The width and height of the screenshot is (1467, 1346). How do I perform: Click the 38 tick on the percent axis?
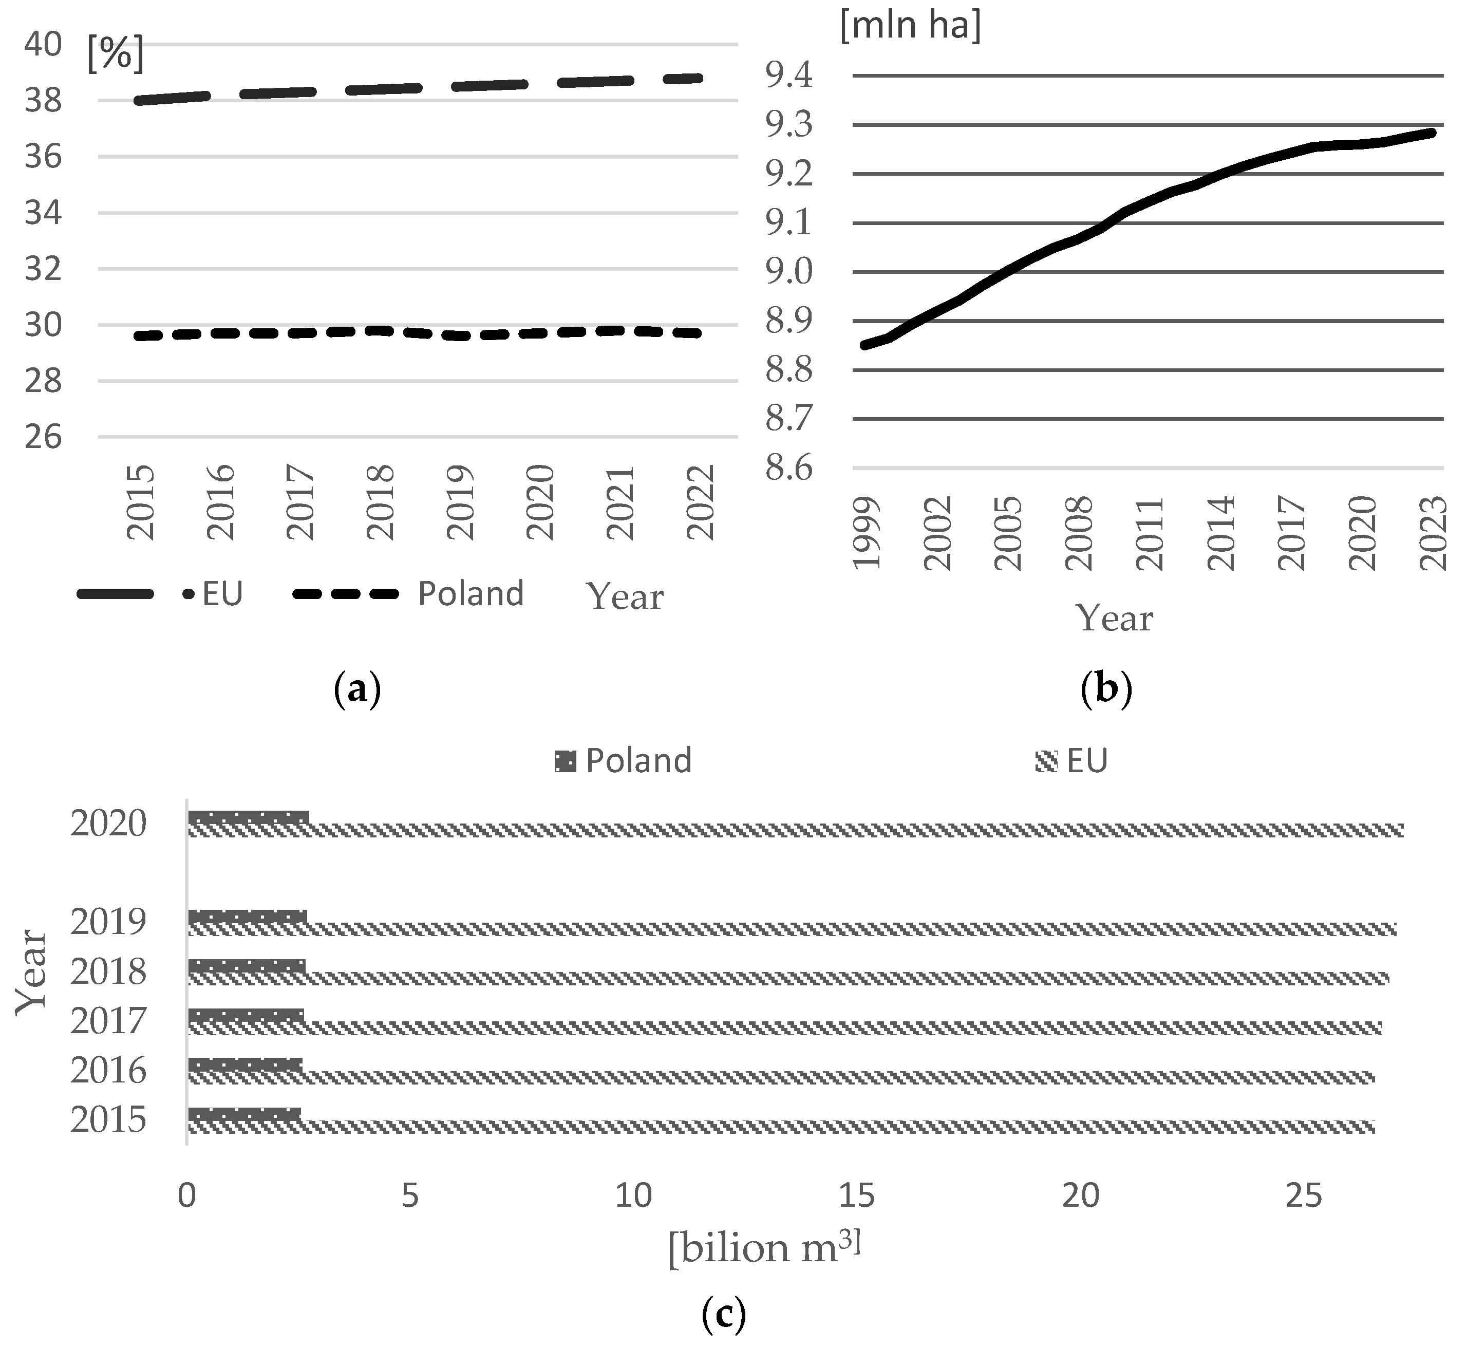43,101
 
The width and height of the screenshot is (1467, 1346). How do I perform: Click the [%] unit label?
115,54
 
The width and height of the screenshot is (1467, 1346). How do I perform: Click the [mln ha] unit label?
910,26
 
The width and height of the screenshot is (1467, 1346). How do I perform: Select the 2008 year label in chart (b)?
1078,534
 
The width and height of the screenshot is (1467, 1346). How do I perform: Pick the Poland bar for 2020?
248,817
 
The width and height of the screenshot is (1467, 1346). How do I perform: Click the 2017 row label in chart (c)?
108,1021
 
